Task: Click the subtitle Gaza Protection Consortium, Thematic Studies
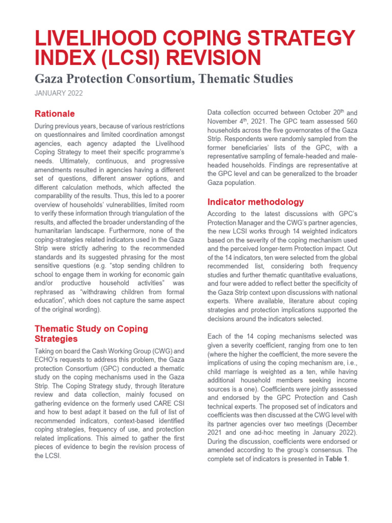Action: [163, 79]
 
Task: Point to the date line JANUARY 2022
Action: [58, 93]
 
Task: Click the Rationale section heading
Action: [55, 113]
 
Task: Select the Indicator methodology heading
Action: [255, 202]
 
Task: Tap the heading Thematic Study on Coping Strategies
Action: [91, 334]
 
